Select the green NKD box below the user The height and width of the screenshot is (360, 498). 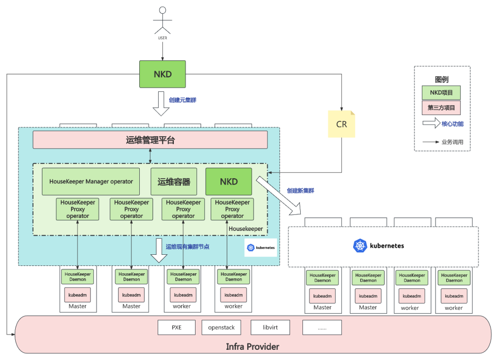tap(163, 74)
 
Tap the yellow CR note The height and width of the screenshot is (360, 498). tap(342, 124)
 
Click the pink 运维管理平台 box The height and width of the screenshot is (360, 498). tap(150, 140)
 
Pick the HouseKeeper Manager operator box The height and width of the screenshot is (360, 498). tap(91, 181)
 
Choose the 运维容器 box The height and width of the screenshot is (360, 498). tap(174, 181)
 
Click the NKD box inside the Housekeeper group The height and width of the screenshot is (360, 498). tap(229, 181)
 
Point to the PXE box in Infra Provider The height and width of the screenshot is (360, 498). tap(177, 327)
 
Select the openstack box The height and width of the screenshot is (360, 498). tap(221, 327)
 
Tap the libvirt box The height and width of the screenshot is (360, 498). tap(270, 327)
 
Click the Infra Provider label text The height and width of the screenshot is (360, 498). tap(252, 346)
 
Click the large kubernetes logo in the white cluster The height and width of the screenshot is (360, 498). tap(360, 246)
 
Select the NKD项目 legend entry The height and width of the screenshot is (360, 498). tap(441, 92)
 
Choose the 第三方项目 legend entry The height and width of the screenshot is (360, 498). tap(441, 108)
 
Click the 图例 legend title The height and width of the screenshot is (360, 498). tap(441, 79)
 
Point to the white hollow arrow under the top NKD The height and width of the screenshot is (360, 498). tap(161, 103)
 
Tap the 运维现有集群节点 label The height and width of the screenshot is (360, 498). tap(187, 247)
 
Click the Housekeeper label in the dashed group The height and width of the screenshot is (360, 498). tap(246, 228)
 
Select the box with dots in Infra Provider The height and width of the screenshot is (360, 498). tap(322, 327)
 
